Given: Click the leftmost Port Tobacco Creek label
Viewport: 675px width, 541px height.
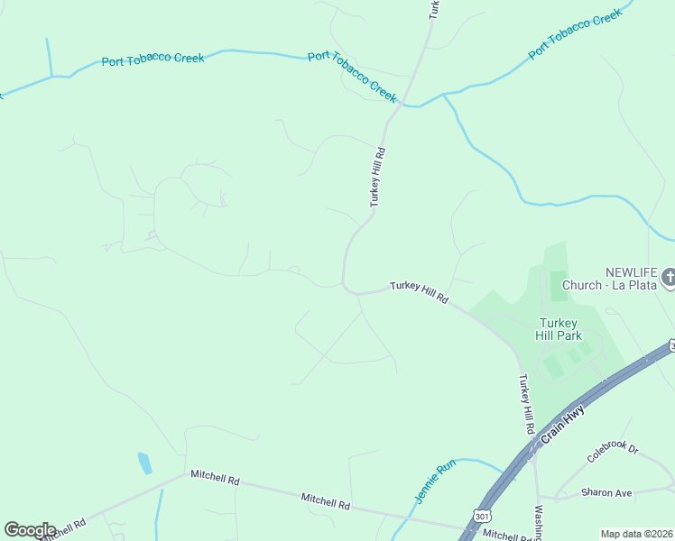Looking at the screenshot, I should [x=153, y=60].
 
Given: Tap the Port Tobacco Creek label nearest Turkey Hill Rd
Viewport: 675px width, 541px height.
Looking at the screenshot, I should [x=352, y=76].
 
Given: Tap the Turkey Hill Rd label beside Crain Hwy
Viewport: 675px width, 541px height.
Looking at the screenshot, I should [x=525, y=402].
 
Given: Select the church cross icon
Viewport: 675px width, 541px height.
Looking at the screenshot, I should [x=668, y=277].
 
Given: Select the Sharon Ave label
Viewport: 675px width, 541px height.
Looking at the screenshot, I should [x=606, y=493].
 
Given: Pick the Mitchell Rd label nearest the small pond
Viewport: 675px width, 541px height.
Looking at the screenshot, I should [x=214, y=479].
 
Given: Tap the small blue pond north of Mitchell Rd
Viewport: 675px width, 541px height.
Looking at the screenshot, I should [x=144, y=463].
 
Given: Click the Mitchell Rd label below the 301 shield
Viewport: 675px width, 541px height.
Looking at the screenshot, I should [x=508, y=536].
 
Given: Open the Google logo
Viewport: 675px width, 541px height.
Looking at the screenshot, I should [x=30, y=530].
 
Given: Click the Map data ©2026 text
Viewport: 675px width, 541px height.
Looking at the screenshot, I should [x=636, y=534].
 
